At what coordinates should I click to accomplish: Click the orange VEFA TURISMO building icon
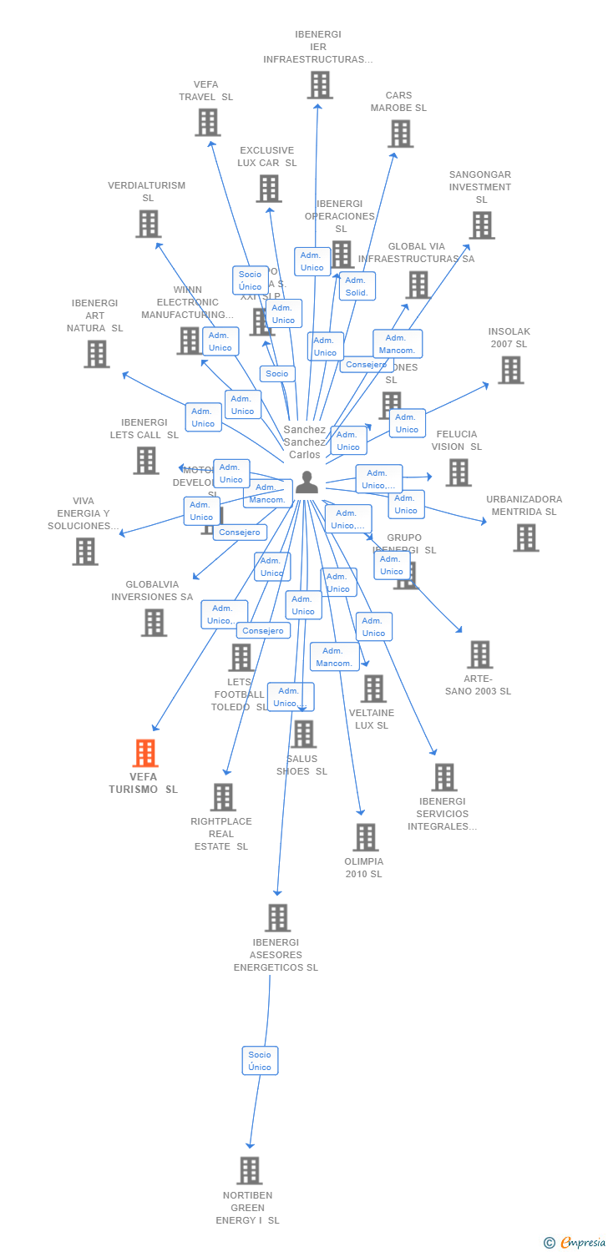click(x=145, y=753)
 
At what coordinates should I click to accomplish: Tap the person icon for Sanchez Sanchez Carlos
click(x=307, y=482)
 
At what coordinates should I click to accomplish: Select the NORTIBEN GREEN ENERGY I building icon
click(x=249, y=1170)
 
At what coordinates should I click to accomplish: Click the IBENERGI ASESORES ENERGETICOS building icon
click(x=277, y=917)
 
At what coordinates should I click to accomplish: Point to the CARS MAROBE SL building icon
click(x=400, y=134)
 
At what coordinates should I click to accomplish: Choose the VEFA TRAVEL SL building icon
click(x=207, y=123)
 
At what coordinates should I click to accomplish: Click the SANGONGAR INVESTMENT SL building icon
click(x=481, y=225)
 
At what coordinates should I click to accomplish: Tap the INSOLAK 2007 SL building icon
click(x=510, y=370)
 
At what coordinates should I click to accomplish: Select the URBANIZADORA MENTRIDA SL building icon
click(x=525, y=538)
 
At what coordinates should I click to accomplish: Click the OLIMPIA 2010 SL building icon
click(x=365, y=836)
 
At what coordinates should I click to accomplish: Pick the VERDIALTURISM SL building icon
click(x=148, y=224)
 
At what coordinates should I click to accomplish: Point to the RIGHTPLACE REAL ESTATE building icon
click(x=222, y=797)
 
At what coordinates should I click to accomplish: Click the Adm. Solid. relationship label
click(x=357, y=286)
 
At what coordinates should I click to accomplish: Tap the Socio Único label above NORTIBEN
click(x=260, y=1061)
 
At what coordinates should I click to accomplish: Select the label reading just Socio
click(x=277, y=374)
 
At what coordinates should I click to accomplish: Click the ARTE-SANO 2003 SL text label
click(x=478, y=685)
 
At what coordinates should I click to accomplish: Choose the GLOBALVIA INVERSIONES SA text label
click(x=152, y=591)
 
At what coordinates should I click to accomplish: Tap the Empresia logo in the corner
click(x=575, y=1243)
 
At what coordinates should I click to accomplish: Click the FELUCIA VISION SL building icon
click(x=458, y=472)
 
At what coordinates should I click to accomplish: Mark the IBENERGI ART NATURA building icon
click(x=96, y=354)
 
